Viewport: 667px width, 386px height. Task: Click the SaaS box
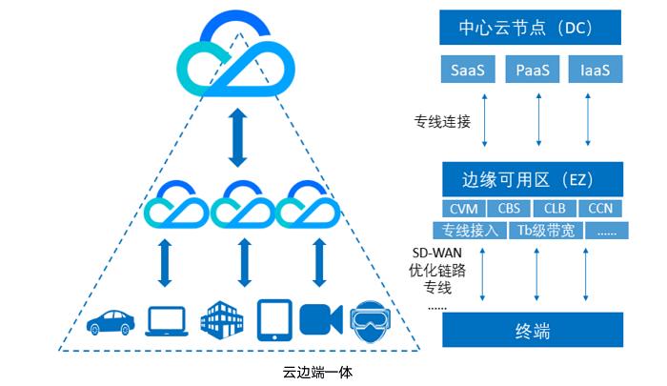pos(466,70)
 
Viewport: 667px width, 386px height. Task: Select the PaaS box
pos(532,70)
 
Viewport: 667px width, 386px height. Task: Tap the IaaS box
pos(596,70)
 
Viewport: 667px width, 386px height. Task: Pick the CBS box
pos(510,208)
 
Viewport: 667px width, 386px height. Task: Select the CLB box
pos(555,208)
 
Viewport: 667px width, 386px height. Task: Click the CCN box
pos(599,208)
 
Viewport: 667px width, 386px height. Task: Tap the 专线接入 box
pos(473,230)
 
